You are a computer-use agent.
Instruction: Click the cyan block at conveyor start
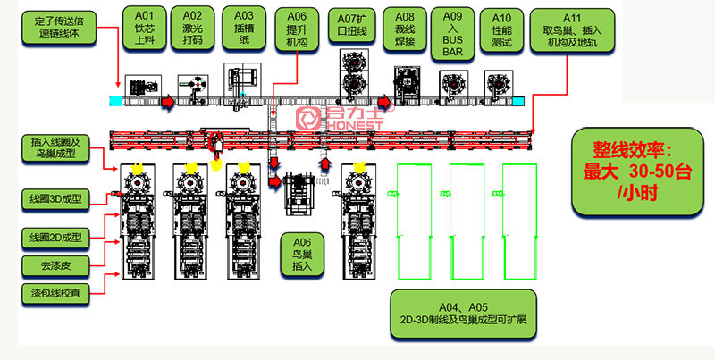click(x=117, y=100)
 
